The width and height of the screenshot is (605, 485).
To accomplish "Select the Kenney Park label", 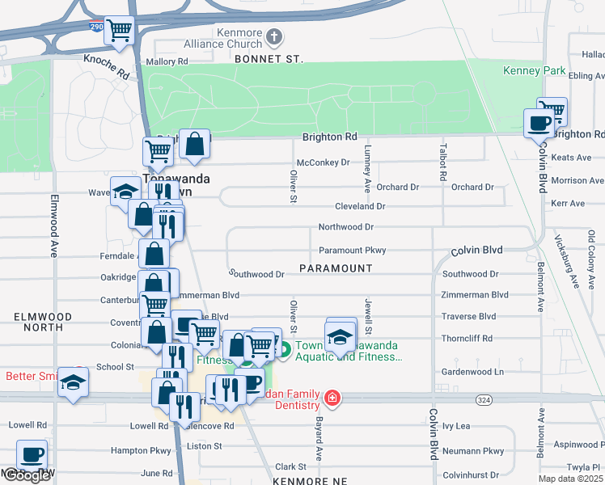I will tap(535, 71).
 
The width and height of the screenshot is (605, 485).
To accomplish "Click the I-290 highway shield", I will tap(95, 27).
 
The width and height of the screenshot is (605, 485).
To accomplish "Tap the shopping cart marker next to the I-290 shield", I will tap(120, 32).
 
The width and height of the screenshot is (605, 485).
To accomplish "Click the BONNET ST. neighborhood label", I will tap(268, 60).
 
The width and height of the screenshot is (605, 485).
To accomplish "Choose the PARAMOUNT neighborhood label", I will tap(336, 268).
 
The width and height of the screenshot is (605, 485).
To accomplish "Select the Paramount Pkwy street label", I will tap(352, 251).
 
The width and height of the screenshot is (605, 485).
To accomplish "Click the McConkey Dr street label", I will tap(323, 162).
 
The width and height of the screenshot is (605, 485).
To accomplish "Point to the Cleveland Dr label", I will tap(357, 206).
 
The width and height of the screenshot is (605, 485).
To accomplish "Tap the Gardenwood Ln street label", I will tap(472, 372).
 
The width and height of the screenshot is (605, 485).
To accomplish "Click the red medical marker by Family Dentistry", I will tap(332, 398).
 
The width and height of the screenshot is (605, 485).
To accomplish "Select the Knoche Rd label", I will tap(106, 66).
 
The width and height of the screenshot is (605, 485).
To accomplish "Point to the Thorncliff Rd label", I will tap(467, 339).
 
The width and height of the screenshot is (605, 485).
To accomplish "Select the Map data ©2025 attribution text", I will tap(571, 479).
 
